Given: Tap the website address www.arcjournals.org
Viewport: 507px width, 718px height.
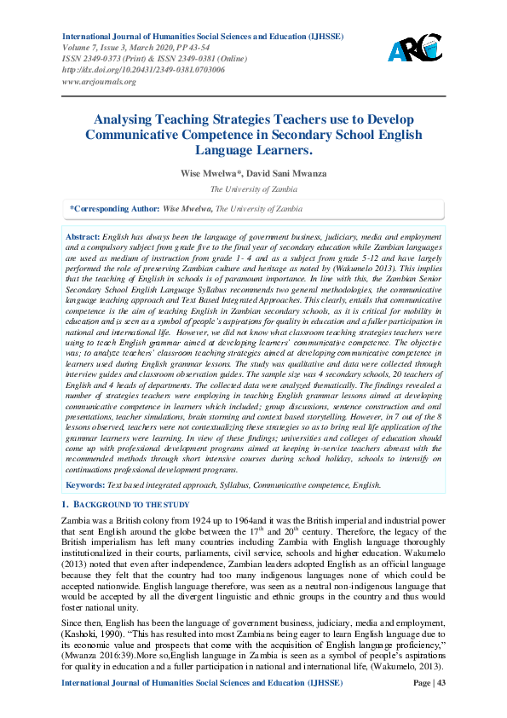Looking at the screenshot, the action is coord(99,82).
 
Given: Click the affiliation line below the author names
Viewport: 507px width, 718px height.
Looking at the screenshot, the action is coord(253,189).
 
